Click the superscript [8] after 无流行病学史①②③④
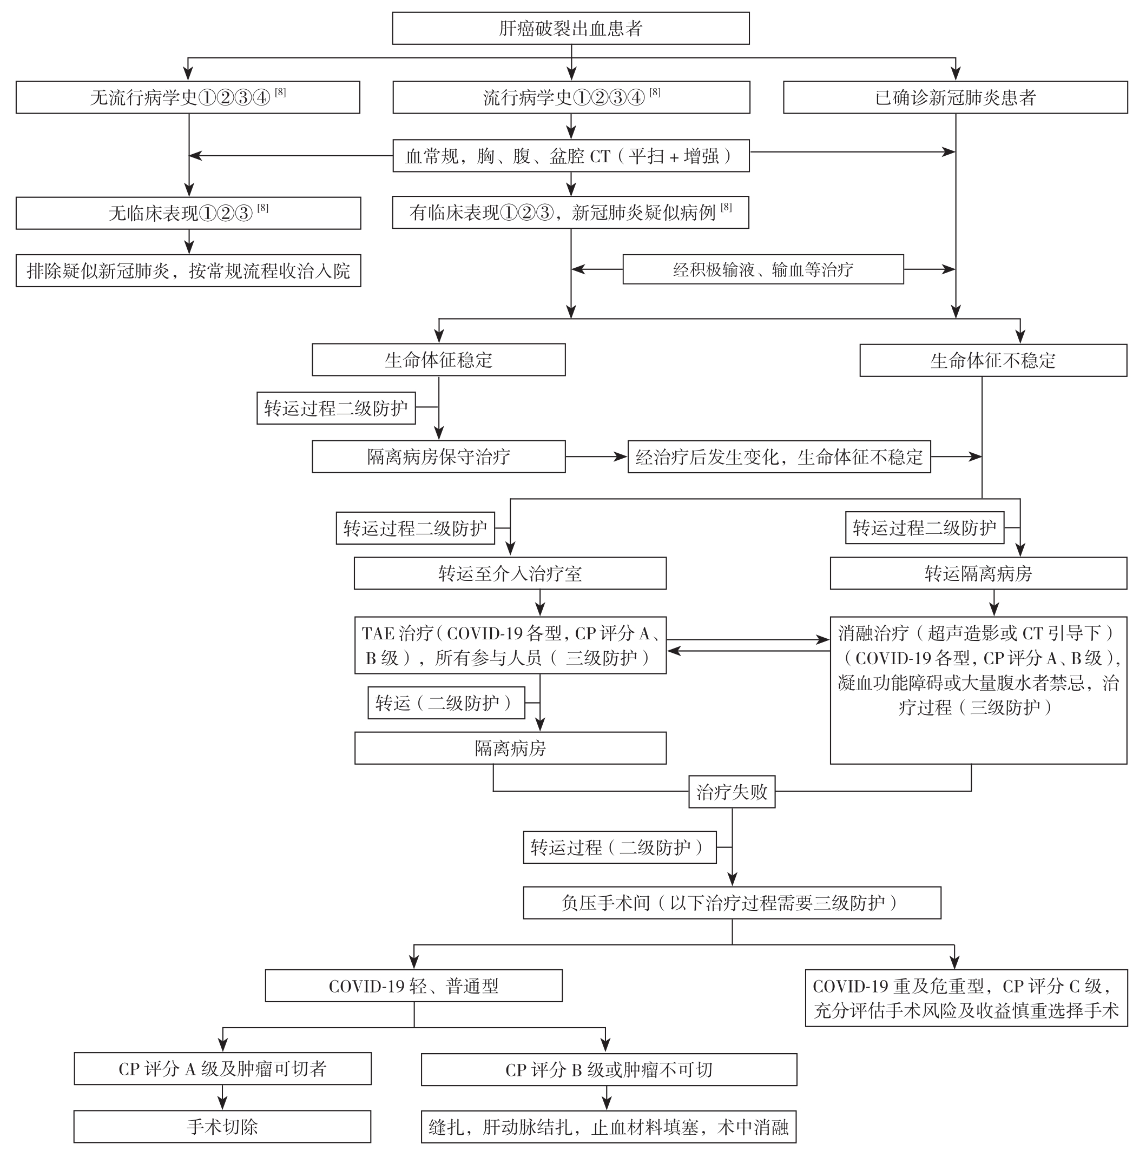point(280,92)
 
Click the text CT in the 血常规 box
point(600,156)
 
